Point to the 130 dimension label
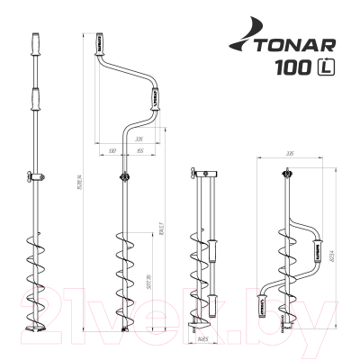(x=110, y=151)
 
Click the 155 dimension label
(x=141, y=151)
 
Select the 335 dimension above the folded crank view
(x=289, y=155)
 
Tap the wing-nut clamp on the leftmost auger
(x=35, y=176)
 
